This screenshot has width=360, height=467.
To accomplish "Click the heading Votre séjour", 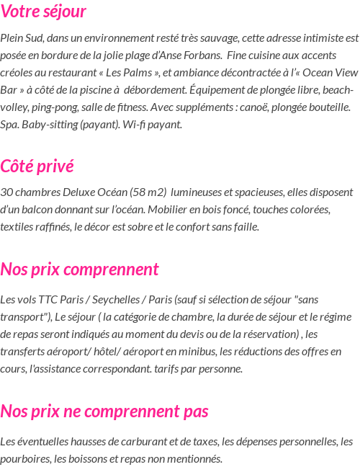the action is pyautogui.click(x=43, y=12).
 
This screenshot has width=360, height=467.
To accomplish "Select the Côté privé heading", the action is pyautogui.click(x=37, y=166).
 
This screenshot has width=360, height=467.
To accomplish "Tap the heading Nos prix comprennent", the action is pyautogui.click(x=79, y=270).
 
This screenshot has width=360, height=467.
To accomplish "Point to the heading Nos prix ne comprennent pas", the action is pyautogui.click(x=104, y=412).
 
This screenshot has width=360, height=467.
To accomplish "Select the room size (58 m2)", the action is pyautogui.click(x=148, y=192).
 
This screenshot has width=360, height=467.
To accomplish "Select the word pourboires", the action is pyautogui.click(x=24, y=458).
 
